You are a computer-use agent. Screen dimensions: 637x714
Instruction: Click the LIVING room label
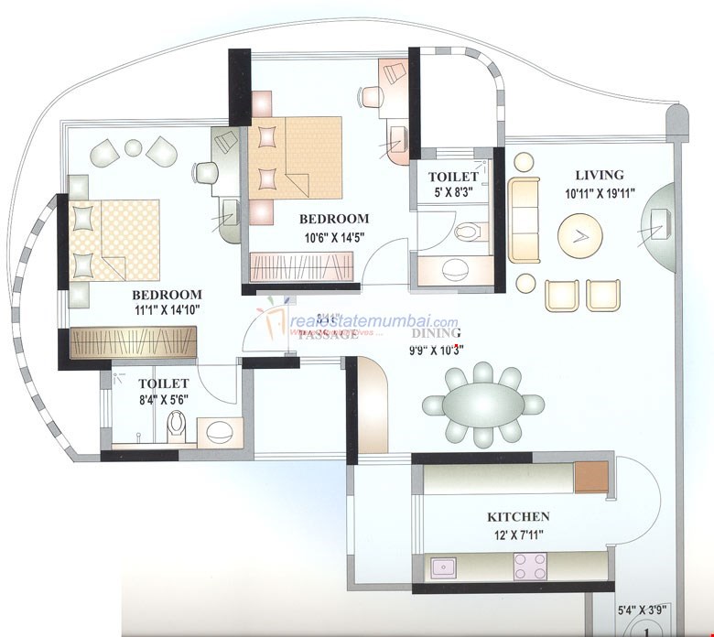(599, 175)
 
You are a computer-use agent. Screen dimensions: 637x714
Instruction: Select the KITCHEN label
(517, 517)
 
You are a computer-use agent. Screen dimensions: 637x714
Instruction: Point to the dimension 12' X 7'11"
(517, 534)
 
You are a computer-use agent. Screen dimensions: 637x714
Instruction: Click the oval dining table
(482, 404)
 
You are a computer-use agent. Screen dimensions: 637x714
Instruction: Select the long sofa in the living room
(525, 220)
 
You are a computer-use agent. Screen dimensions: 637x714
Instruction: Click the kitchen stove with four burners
(531, 567)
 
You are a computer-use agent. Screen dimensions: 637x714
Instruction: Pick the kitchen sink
(445, 568)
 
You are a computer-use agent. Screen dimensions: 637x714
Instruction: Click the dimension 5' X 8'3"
(453, 192)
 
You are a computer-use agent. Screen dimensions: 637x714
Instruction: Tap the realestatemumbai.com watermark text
(373, 321)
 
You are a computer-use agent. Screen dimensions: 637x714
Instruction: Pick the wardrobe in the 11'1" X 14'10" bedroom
(135, 342)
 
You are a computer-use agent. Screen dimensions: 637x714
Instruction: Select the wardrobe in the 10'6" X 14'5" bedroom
(301, 268)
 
